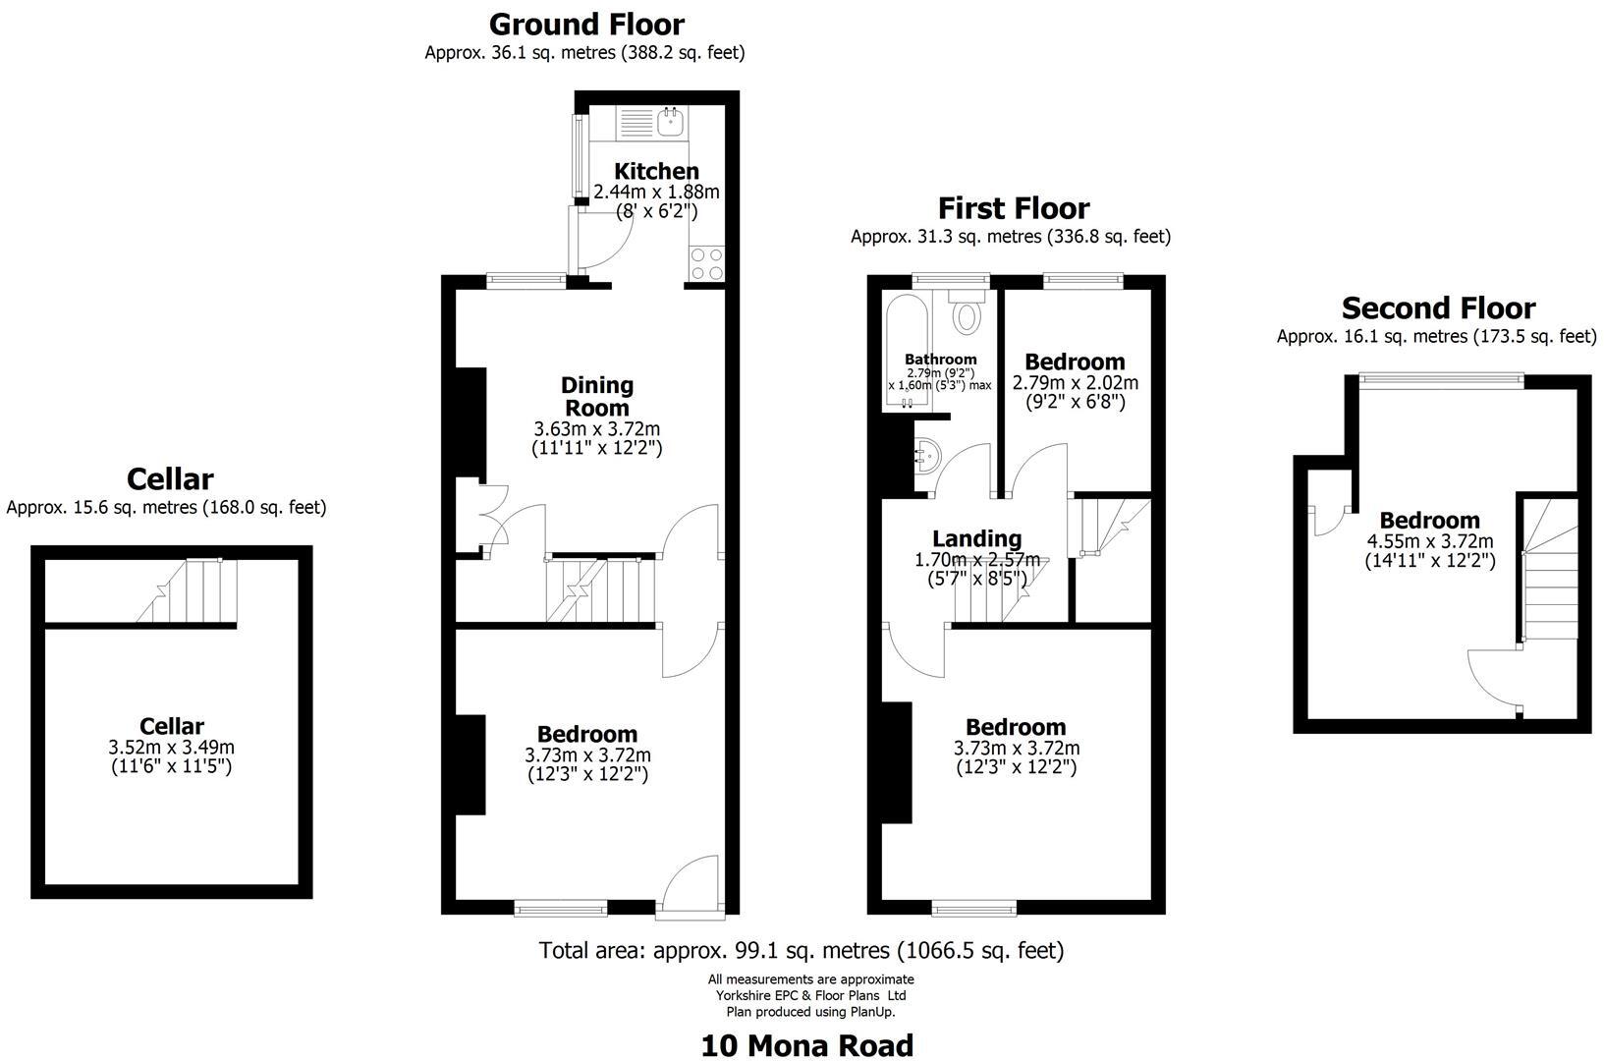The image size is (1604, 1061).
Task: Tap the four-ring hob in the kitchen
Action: tap(706, 263)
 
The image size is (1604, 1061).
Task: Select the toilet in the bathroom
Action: tap(968, 312)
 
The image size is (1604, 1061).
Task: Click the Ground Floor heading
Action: tap(586, 24)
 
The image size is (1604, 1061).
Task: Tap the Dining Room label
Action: tap(597, 396)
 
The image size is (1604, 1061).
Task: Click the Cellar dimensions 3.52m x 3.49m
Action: tap(172, 747)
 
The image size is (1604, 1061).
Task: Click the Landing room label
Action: tap(976, 538)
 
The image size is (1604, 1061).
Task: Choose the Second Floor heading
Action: tap(1438, 308)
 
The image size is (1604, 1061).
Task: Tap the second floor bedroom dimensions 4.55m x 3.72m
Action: tap(1430, 541)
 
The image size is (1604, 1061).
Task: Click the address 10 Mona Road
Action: tap(806, 1045)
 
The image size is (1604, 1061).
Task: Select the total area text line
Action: tap(802, 950)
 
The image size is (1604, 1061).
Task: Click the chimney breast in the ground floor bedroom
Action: tap(470, 764)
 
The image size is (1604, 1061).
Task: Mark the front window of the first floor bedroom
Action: tap(973, 909)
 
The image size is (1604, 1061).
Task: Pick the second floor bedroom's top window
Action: tap(1441, 379)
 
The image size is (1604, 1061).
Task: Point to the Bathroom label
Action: tap(940, 360)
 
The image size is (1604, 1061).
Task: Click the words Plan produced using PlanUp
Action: tap(810, 1012)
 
